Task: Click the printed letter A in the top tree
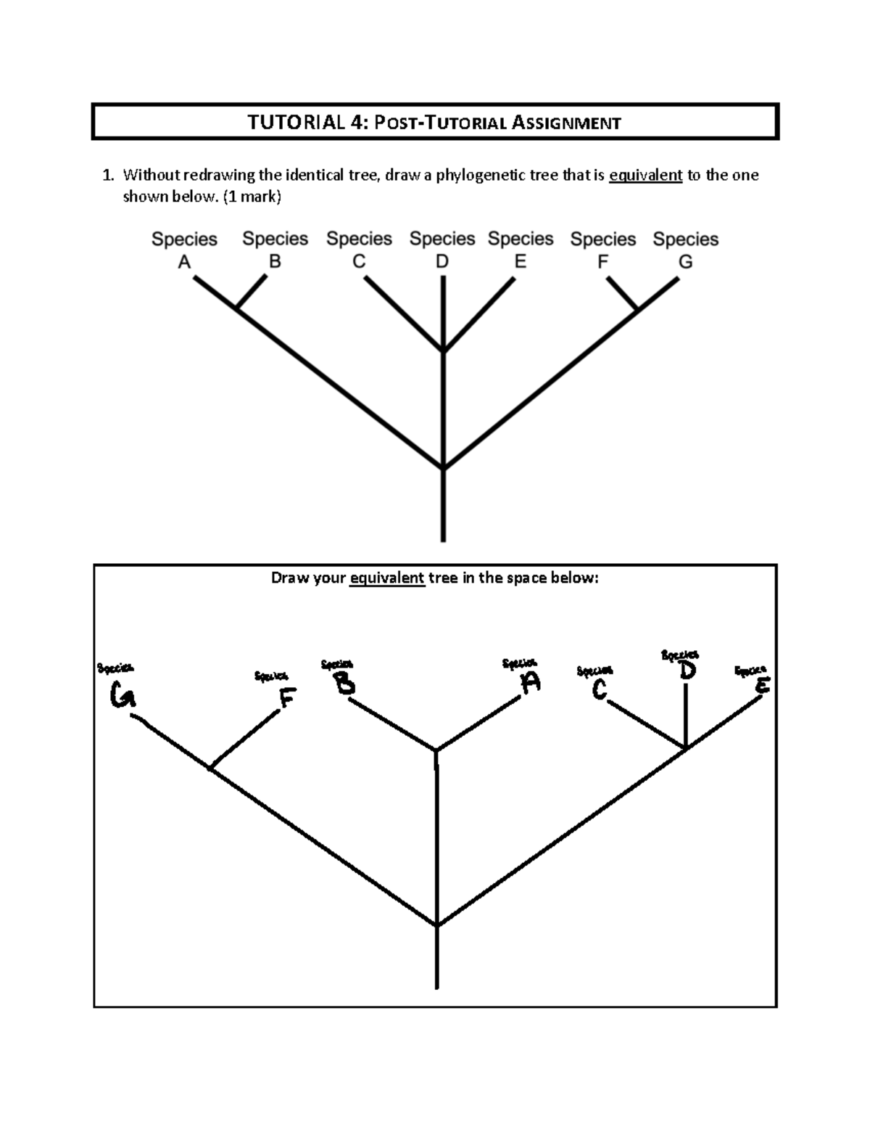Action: [x=184, y=262]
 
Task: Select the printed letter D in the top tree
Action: [x=442, y=262]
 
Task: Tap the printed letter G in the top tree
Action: [x=685, y=262]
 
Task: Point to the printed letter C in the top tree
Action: [x=359, y=262]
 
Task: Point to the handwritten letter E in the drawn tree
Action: [x=761, y=684]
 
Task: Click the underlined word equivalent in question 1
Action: [x=645, y=175]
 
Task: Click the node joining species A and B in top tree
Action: [x=237, y=310]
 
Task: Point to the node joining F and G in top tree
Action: [x=638, y=310]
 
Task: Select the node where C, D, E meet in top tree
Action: [x=443, y=352]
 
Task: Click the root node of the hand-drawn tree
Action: [x=436, y=925]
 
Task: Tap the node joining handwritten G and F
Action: [x=210, y=768]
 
